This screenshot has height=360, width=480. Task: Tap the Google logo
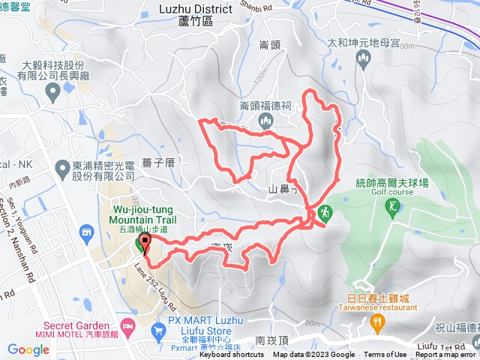[x=28, y=349]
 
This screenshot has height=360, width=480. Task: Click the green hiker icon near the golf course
[x=325, y=213]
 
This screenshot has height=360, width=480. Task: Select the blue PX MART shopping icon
[x=158, y=330]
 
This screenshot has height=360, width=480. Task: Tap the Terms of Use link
[x=385, y=355]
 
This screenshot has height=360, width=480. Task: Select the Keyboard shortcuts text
[x=232, y=355]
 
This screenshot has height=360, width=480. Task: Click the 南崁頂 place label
[x=271, y=340]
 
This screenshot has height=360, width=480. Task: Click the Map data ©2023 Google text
[x=314, y=355]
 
